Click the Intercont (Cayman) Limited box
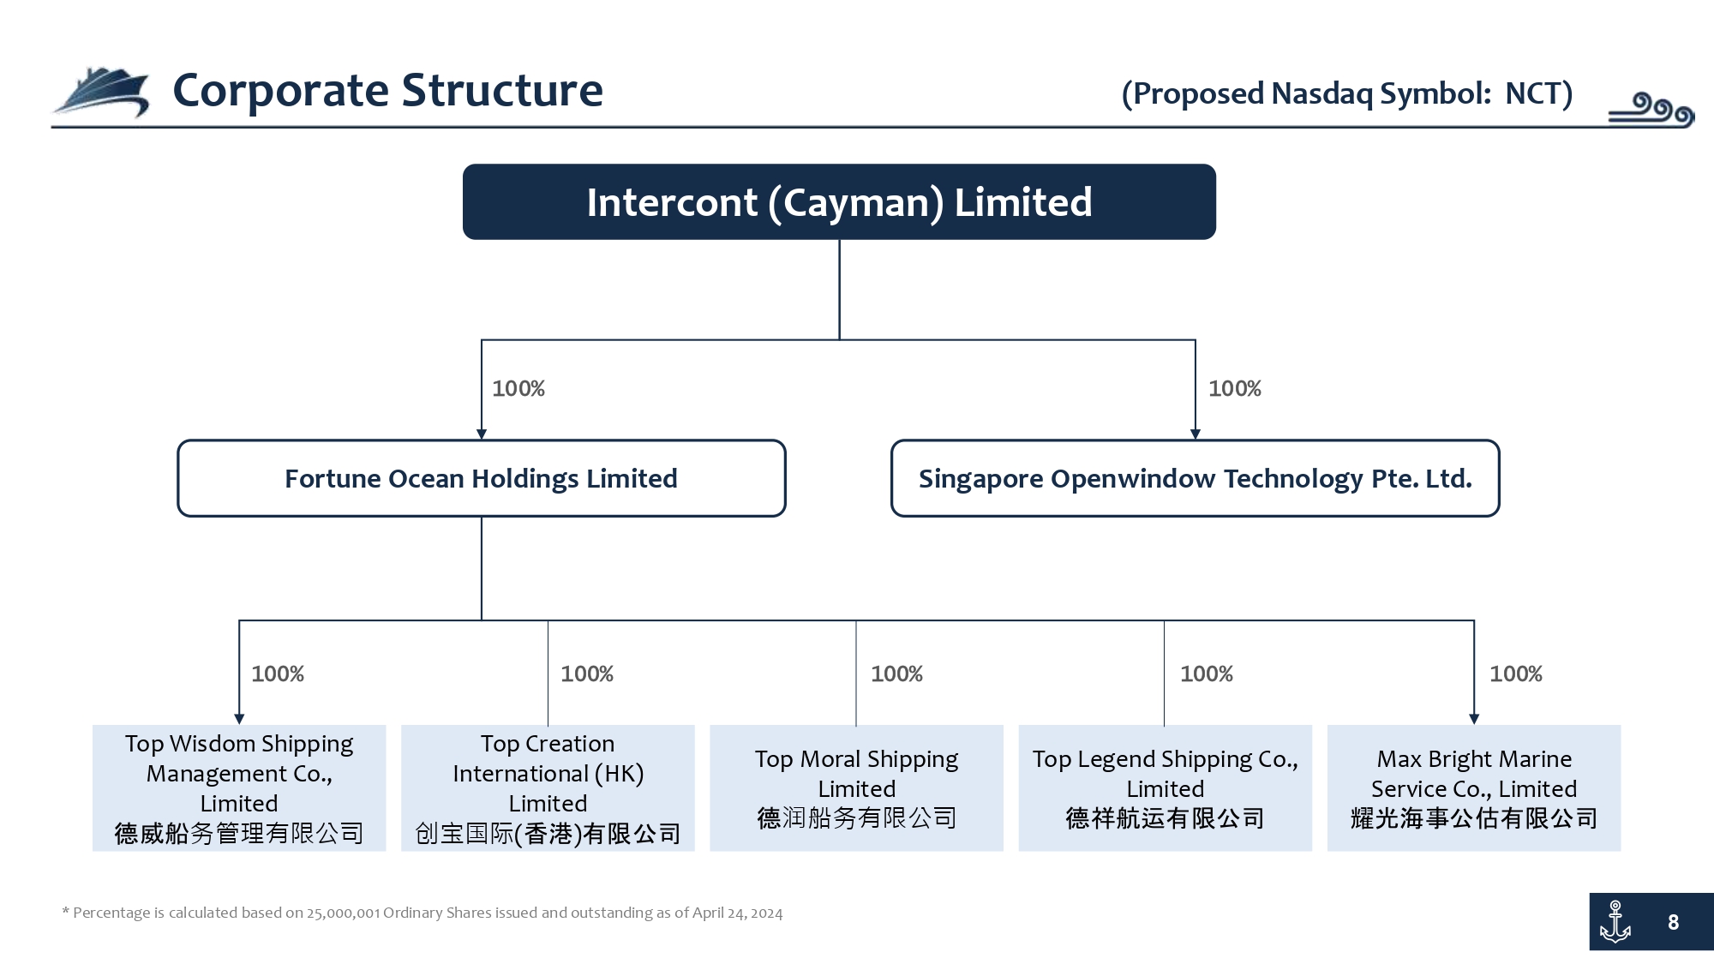(839, 201)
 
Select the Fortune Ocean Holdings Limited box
(482, 478)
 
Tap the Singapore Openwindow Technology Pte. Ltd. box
(1196, 478)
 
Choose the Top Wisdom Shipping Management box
(239, 787)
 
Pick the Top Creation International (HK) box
(548, 787)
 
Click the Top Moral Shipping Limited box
(856, 787)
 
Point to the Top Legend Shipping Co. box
(1166, 787)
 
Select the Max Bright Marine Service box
(1474, 787)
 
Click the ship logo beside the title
(101, 91)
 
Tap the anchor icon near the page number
(1615, 922)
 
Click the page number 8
(1673, 923)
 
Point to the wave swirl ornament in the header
(1651, 110)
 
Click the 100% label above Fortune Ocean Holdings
(518, 389)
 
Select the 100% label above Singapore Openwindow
(1235, 389)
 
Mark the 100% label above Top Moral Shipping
(897, 674)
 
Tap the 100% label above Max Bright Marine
(1516, 674)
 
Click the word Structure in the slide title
(502, 90)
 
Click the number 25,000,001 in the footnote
(343, 913)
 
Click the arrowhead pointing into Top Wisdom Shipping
(239, 719)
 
